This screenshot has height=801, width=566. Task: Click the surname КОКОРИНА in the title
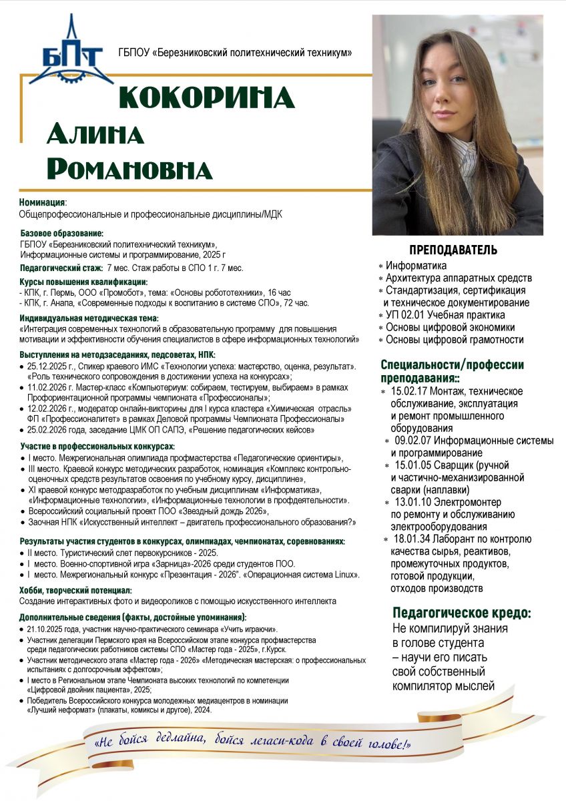click(x=206, y=98)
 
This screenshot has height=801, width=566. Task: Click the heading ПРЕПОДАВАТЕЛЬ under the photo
click(x=453, y=250)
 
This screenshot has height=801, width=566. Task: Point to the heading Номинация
click(x=42, y=202)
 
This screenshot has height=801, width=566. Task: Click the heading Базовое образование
click(x=62, y=234)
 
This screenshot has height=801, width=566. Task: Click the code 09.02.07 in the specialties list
click(x=414, y=441)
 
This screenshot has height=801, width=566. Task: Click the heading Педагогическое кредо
click(x=462, y=613)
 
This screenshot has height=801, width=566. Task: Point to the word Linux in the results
click(x=348, y=575)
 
